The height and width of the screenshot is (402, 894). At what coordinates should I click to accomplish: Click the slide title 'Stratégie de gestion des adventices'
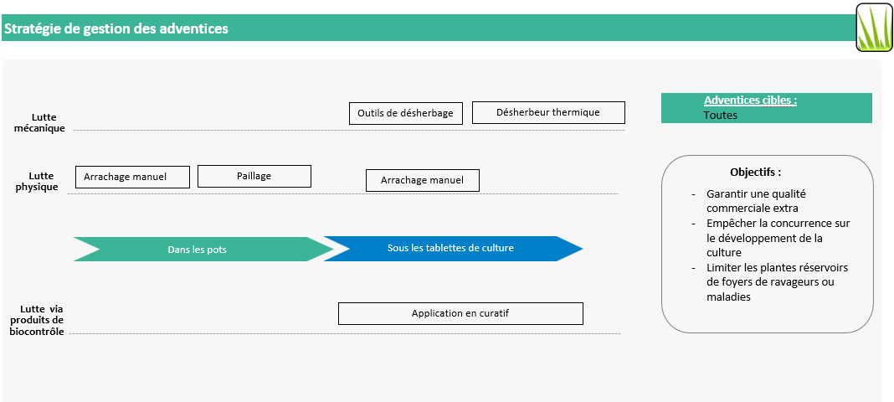116,28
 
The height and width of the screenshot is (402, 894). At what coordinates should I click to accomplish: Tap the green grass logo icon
874,28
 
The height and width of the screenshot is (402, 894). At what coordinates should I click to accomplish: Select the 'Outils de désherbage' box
405,113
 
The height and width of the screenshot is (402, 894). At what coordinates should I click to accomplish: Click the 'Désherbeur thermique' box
548,112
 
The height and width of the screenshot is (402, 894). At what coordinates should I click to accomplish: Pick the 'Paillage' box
254,176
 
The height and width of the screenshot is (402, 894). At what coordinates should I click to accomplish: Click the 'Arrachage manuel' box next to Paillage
132,177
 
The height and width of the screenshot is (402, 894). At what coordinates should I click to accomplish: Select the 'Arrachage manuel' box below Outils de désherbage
422,180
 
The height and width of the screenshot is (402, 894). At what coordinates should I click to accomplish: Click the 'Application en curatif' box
460,313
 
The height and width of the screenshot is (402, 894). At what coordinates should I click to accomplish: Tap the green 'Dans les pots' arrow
198,250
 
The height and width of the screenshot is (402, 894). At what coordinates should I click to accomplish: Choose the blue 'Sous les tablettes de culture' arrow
450,249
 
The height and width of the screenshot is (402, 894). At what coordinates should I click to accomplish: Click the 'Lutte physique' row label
39,182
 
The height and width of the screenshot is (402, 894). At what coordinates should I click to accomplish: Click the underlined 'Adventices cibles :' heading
750,100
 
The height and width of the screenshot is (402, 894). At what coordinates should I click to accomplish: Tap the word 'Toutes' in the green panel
720,116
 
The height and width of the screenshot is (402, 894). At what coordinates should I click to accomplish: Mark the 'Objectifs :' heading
755,173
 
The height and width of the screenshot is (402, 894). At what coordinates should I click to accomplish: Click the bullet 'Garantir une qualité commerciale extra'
756,201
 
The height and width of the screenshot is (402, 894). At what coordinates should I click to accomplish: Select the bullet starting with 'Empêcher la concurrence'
777,238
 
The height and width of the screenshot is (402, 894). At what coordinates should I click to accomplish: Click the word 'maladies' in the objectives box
728,297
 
